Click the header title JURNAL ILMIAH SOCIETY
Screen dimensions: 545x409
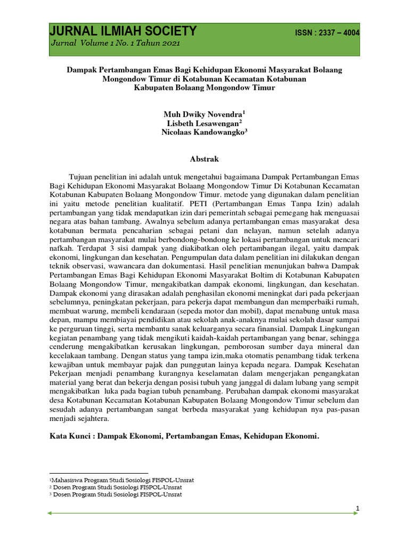pos(123,31)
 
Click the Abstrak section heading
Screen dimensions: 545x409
pos(204,159)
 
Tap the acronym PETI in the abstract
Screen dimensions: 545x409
pos(204,204)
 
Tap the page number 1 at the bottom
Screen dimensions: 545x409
pos(358,509)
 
